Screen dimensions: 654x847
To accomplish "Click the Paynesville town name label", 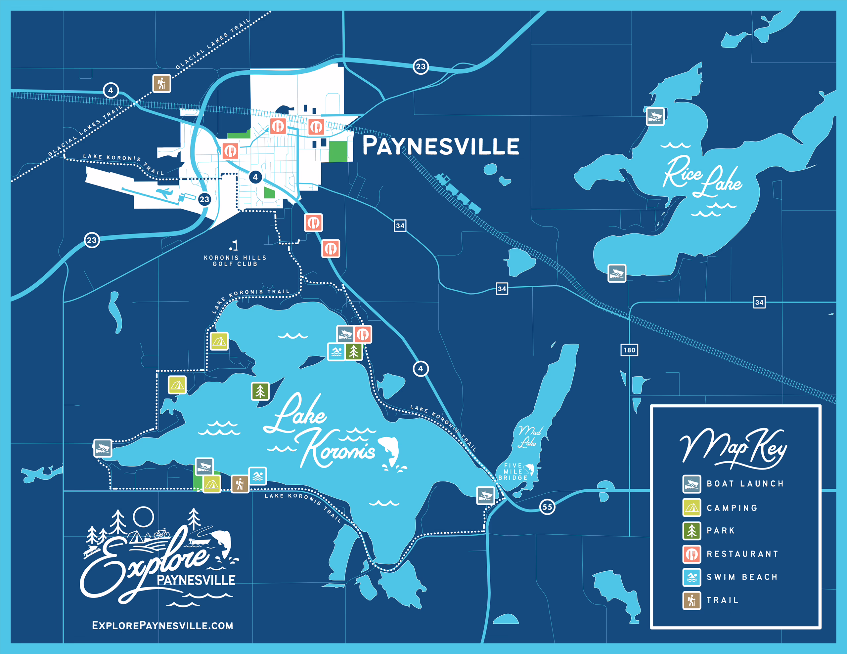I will click(x=441, y=146).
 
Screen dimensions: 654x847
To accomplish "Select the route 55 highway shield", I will click(x=547, y=507).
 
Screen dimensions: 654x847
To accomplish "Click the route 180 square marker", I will click(x=629, y=350).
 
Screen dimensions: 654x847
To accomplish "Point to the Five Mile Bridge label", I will click(x=513, y=472).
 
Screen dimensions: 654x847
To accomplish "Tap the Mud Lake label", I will click(x=529, y=436).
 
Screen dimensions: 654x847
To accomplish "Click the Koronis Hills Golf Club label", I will click(x=235, y=261).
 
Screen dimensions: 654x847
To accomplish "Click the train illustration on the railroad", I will click(x=458, y=193).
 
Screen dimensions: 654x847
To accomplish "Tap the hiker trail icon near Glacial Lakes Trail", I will click(x=162, y=83).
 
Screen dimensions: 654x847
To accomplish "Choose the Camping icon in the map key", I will click(x=691, y=508).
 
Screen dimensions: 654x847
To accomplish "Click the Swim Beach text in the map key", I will click(x=742, y=577).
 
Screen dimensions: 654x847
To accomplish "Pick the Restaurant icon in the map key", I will click(x=691, y=554).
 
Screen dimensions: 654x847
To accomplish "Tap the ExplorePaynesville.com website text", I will click(x=162, y=625).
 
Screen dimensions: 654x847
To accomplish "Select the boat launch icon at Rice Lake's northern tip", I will click(x=655, y=116).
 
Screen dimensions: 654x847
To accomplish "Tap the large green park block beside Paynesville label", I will click(x=338, y=151).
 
